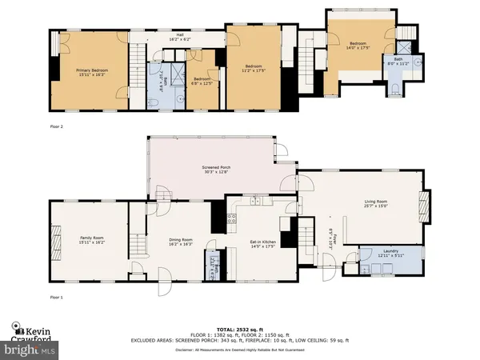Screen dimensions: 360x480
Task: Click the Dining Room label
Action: [181, 242]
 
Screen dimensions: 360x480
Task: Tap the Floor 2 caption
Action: [56, 126]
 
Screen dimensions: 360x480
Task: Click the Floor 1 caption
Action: [56, 297]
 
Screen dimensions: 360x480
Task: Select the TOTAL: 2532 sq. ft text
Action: [240, 330]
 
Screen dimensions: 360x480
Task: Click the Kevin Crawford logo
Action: [34, 331]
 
